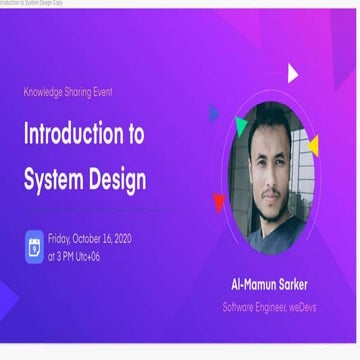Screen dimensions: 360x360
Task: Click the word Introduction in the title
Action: pyautogui.click(x=73, y=135)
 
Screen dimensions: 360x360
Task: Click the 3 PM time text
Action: pyautogui.click(x=59, y=256)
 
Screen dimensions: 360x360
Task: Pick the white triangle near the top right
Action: pyautogui.click(x=292, y=73)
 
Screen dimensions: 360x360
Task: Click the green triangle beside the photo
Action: pyautogui.click(x=240, y=124)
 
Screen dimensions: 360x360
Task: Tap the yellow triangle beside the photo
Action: pyautogui.click(x=314, y=146)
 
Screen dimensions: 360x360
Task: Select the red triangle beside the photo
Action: pyautogui.click(x=219, y=204)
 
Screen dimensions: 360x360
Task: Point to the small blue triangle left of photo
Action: pyautogui.click(x=214, y=114)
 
